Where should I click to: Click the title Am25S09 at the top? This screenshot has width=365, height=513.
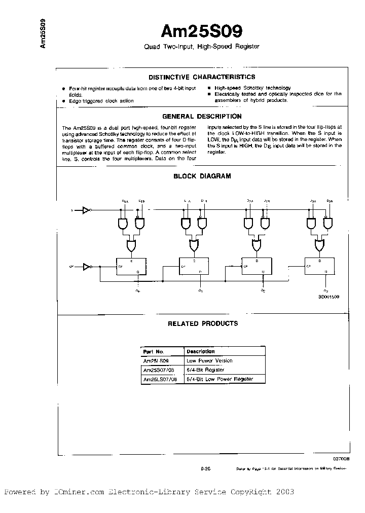coord(201,31)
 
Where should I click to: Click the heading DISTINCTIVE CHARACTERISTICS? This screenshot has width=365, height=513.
coord(201,77)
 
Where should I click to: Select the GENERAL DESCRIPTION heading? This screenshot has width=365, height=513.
coord(201,116)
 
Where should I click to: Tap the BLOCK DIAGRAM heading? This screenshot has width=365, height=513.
coord(202,176)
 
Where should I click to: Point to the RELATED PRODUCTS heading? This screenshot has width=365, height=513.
coord(202,323)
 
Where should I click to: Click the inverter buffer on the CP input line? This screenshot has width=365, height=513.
coord(86,265)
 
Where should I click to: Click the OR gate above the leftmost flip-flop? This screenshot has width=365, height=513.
coord(131,246)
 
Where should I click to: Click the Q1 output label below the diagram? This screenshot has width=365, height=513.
coord(201,290)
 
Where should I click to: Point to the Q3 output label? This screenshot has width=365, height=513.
coord(325,290)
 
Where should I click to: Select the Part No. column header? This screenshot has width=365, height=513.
coord(154,351)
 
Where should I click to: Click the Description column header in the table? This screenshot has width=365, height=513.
coord(200,351)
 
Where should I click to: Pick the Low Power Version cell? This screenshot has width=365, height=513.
coord(209,360)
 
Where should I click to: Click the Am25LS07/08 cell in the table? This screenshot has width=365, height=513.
coord(161,379)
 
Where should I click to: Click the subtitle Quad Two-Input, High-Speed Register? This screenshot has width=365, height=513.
coord(201,47)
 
